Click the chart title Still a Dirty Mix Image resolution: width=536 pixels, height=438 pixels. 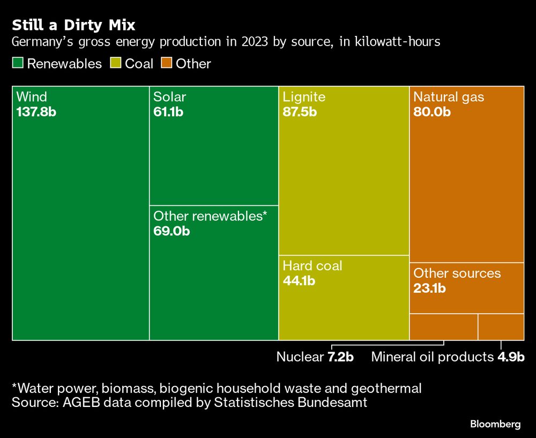click(73, 25)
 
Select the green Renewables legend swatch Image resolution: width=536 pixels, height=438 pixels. click(18, 64)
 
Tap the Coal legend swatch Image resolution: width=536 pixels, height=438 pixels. click(116, 64)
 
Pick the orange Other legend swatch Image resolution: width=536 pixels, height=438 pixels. click(167, 64)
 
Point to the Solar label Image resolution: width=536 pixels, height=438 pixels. click(169, 97)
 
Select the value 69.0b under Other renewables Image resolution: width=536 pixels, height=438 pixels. click(172, 232)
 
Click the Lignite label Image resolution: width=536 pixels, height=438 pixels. click(304, 97)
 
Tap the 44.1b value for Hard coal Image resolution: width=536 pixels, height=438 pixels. click(299, 281)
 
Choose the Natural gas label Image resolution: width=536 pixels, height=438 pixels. click(449, 97)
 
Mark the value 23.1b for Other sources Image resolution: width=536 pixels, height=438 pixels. click(430, 288)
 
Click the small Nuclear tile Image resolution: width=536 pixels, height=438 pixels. click(444, 327)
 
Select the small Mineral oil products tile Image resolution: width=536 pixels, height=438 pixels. click(501, 327)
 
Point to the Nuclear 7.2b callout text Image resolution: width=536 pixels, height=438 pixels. click(315, 357)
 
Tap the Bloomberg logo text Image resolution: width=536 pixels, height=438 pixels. click(495, 424)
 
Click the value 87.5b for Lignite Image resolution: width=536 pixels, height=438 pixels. click(300, 113)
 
